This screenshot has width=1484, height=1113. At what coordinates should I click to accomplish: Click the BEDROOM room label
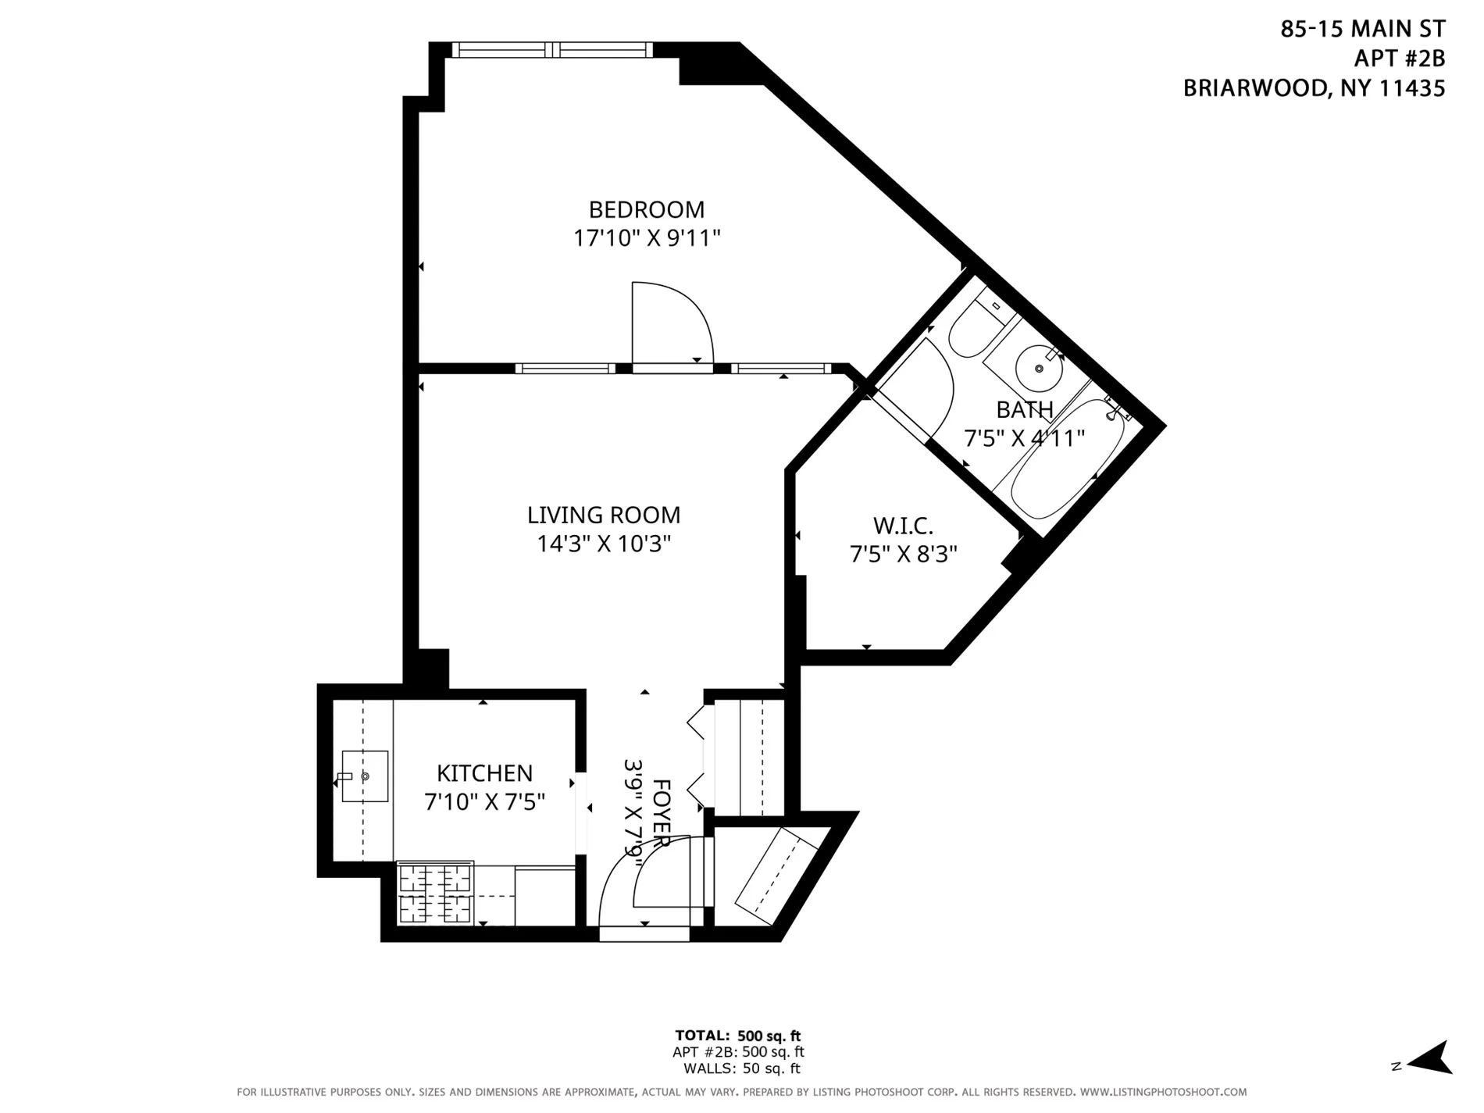tap(646, 209)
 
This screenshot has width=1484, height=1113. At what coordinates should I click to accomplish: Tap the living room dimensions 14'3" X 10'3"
tap(603, 544)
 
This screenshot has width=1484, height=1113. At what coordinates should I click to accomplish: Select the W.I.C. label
tap(902, 525)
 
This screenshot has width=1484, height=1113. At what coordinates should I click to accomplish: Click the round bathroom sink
tap(1038, 369)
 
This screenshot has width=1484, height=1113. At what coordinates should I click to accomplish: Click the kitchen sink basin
tap(365, 776)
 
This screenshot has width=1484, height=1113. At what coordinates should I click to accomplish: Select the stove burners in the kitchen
tap(436, 893)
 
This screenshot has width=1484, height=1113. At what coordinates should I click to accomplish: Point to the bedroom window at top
tap(552, 50)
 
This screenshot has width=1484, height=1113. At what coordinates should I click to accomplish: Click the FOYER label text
tap(661, 812)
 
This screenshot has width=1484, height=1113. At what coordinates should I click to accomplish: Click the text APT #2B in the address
tap(1399, 59)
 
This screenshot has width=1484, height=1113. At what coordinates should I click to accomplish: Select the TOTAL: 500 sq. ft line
tap(737, 1036)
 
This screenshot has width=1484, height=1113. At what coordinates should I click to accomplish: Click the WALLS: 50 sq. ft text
tap(741, 1068)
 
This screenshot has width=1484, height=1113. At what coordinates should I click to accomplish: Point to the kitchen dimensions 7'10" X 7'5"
tap(484, 802)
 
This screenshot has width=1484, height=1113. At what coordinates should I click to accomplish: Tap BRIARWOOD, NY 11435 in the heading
tap(1314, 88)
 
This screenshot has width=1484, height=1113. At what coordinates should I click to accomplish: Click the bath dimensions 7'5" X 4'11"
tap(1024, 438)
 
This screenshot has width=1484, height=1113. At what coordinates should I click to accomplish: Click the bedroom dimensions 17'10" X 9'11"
tap(646, 238)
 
